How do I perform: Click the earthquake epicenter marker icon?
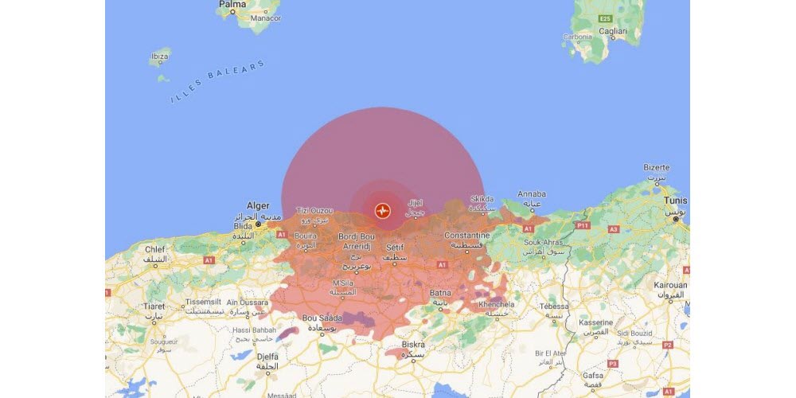click(x=383, y=211)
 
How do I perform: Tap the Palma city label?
click(x=232, y=4)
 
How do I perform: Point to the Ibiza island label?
click(x=159, y=58)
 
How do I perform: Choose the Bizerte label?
click(x=657, y=168)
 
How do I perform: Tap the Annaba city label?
click(x=531, y=193)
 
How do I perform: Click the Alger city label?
click(x=258, y=205)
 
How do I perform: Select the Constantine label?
click(x=467, y=236)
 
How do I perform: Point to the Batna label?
click(x=441, y=292)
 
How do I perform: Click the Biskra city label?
click(x=413, y=345)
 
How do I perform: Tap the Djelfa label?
click(x=267, y=355)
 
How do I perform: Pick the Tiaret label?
click(x=155, y=306)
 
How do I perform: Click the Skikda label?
click(x=482, y=199)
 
